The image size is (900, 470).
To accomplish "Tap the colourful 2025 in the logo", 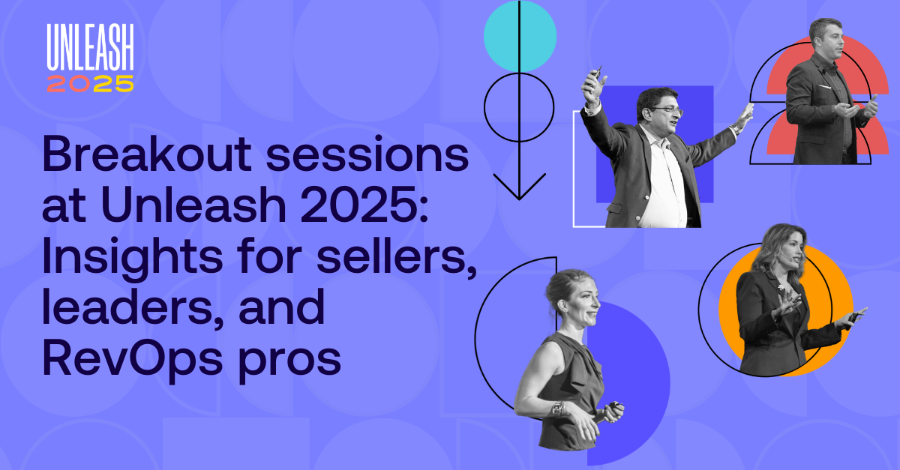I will point(90,83).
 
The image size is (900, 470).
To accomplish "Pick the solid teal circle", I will point(520,36).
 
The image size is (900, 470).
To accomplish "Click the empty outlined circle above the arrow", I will point(519,106).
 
